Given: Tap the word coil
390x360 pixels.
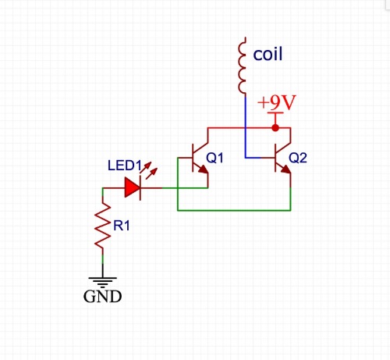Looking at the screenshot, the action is click(268, 54).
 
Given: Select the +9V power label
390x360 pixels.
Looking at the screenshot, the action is click(277, 102).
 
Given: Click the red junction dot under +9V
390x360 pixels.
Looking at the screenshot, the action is click(275, 128).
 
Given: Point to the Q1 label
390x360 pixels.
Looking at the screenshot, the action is click(214, 158).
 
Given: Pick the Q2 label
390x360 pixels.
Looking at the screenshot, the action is click(298, 158).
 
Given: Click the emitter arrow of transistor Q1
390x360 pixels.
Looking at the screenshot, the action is click(203, 169).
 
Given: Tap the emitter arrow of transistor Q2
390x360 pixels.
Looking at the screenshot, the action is click(285, 169).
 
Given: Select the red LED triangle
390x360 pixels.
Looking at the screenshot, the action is click(133, 187).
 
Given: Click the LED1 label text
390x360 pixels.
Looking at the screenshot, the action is click(125, 166).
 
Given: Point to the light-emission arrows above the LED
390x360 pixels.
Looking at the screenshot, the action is click(149, 169).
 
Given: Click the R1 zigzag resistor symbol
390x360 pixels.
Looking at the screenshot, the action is click(103, 226).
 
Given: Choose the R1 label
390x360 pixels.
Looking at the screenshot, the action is click(122, 226).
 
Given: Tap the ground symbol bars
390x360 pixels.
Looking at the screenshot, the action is click(103, 282).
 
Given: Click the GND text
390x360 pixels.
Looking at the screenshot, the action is click(102, 296).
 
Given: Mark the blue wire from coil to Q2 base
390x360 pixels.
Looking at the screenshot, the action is click(246, 127).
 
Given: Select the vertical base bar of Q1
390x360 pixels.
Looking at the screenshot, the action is click(193, 158).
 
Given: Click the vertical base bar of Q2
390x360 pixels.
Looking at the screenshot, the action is click(275, 158).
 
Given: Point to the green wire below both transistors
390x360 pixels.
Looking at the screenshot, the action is click(234, 210).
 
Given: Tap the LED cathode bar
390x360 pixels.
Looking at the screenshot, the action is click(140, 187).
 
